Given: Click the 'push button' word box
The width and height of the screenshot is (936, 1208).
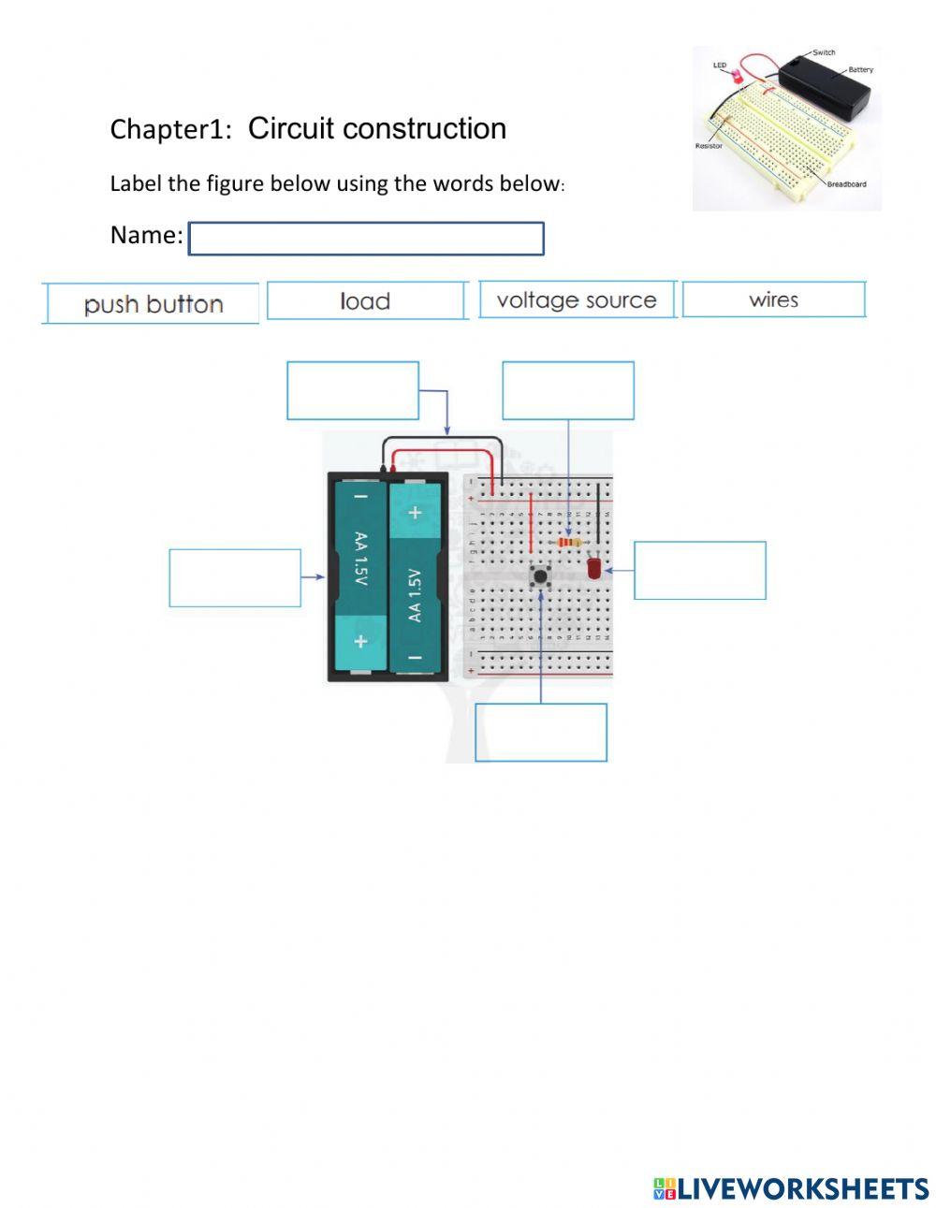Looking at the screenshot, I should tap(152, 304).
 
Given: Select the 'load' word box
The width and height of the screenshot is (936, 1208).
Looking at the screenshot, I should tap(366, 301).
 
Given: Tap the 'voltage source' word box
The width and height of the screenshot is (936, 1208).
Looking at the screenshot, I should tap(577, 300).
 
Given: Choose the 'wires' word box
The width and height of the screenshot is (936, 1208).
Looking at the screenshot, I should tap(773, 300).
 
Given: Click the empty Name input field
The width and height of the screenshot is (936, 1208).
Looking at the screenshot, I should tap(366, 239).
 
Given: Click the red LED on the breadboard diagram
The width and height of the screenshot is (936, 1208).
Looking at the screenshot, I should tap(593, 568).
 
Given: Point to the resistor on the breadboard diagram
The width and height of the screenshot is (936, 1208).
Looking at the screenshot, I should tap(568, 543).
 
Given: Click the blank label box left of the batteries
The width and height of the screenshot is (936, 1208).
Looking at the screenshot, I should tap(235, 578).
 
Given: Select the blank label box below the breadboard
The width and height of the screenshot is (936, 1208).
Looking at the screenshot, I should tap(541, 733).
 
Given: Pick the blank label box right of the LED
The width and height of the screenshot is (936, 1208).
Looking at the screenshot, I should tap(700, 570).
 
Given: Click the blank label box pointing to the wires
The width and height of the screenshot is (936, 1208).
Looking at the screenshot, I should tap(353, 390).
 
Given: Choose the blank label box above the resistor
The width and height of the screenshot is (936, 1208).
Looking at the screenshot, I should tap(568, 390).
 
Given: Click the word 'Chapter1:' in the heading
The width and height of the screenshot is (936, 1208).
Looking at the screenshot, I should tap(170, 129).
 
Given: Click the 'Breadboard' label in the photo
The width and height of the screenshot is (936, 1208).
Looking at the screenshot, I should tap(846, 184).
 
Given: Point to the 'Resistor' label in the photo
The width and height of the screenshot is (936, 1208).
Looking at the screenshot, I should tap(709, 146).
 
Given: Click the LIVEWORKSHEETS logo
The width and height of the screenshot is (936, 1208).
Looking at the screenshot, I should tap(791, 1188).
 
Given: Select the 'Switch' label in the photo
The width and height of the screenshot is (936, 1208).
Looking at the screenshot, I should tap(824, 53).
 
